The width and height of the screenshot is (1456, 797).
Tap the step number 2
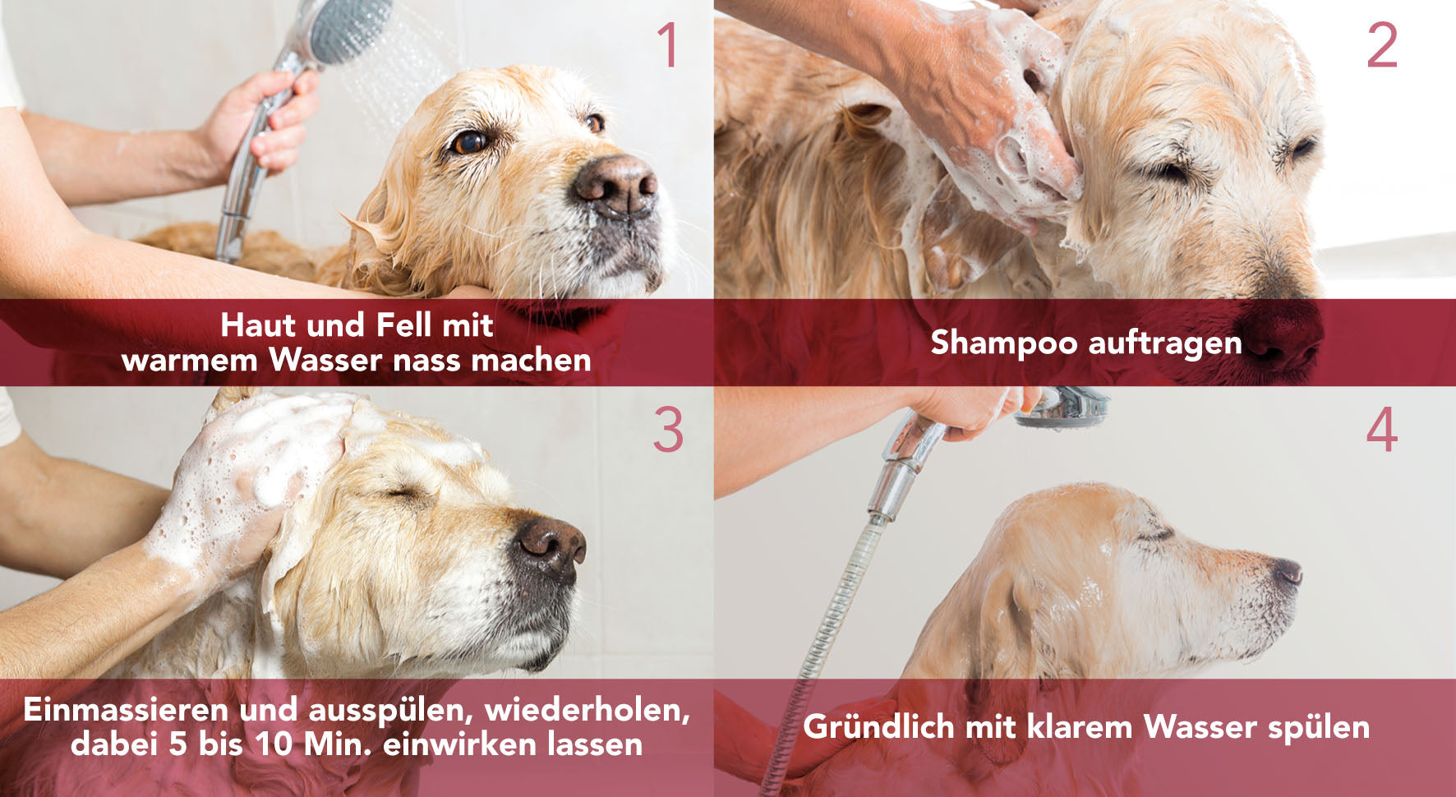(1382, 45)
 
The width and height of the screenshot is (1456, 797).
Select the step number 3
(668, 429)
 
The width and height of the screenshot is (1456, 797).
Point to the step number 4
(1382, 429)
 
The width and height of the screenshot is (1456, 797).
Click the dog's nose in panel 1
(615, 183)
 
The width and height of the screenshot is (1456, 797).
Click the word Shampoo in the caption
(1003, 343)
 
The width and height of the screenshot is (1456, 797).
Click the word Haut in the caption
(258, 325)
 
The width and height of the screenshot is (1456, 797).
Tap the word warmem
(190, 361)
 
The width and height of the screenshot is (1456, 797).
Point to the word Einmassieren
(126, 710)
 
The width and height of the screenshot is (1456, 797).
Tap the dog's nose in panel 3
(551, 546)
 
